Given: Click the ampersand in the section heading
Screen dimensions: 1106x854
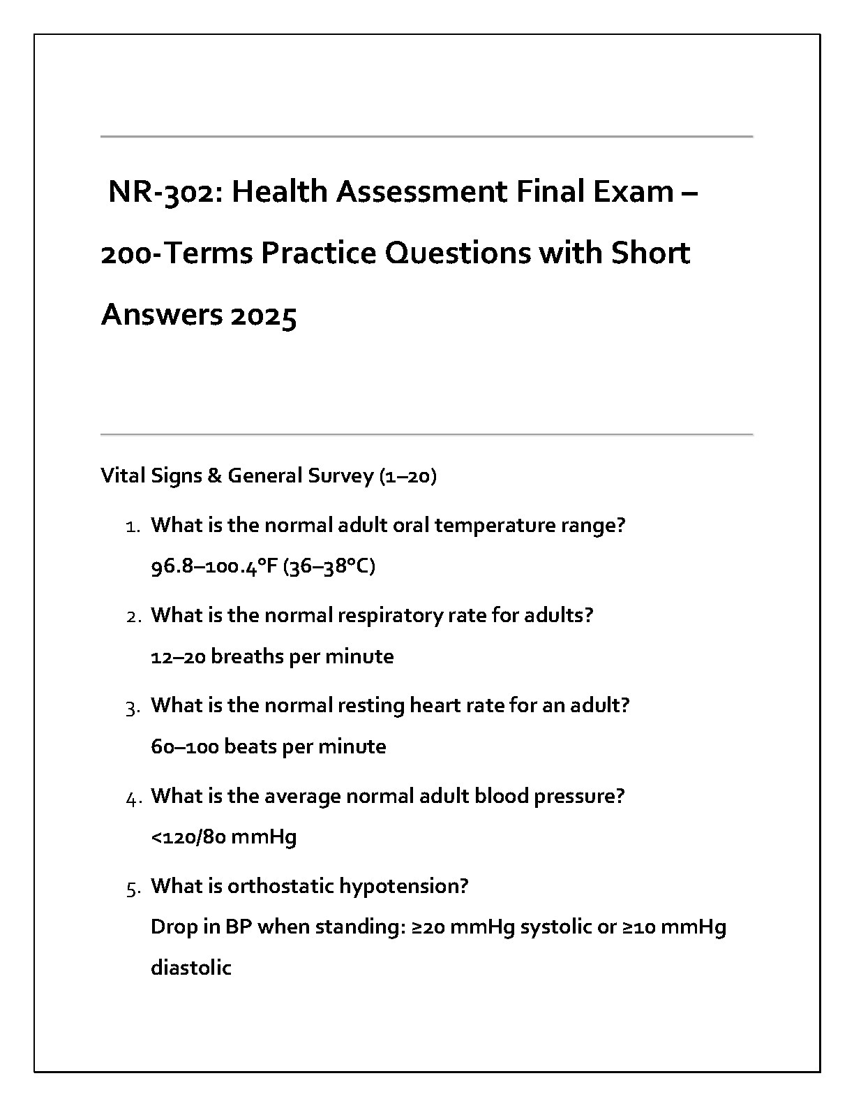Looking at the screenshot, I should (214, 476).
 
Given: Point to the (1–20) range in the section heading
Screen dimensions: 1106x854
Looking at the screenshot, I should (407, 476).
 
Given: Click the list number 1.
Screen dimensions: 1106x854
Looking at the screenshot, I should (133, 526).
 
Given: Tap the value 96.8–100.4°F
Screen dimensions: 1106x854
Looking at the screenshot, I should (214, 566).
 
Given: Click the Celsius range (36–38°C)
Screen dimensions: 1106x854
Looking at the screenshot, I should (329, 566).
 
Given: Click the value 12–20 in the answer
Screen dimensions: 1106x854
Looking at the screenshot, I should (178, 656).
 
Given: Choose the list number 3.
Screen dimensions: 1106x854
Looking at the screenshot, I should (133, 707).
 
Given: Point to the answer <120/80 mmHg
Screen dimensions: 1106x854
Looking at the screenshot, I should (223, 836).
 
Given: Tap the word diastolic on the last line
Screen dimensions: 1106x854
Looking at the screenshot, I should (190, 968).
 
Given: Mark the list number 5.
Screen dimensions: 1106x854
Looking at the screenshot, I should (133, 888).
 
